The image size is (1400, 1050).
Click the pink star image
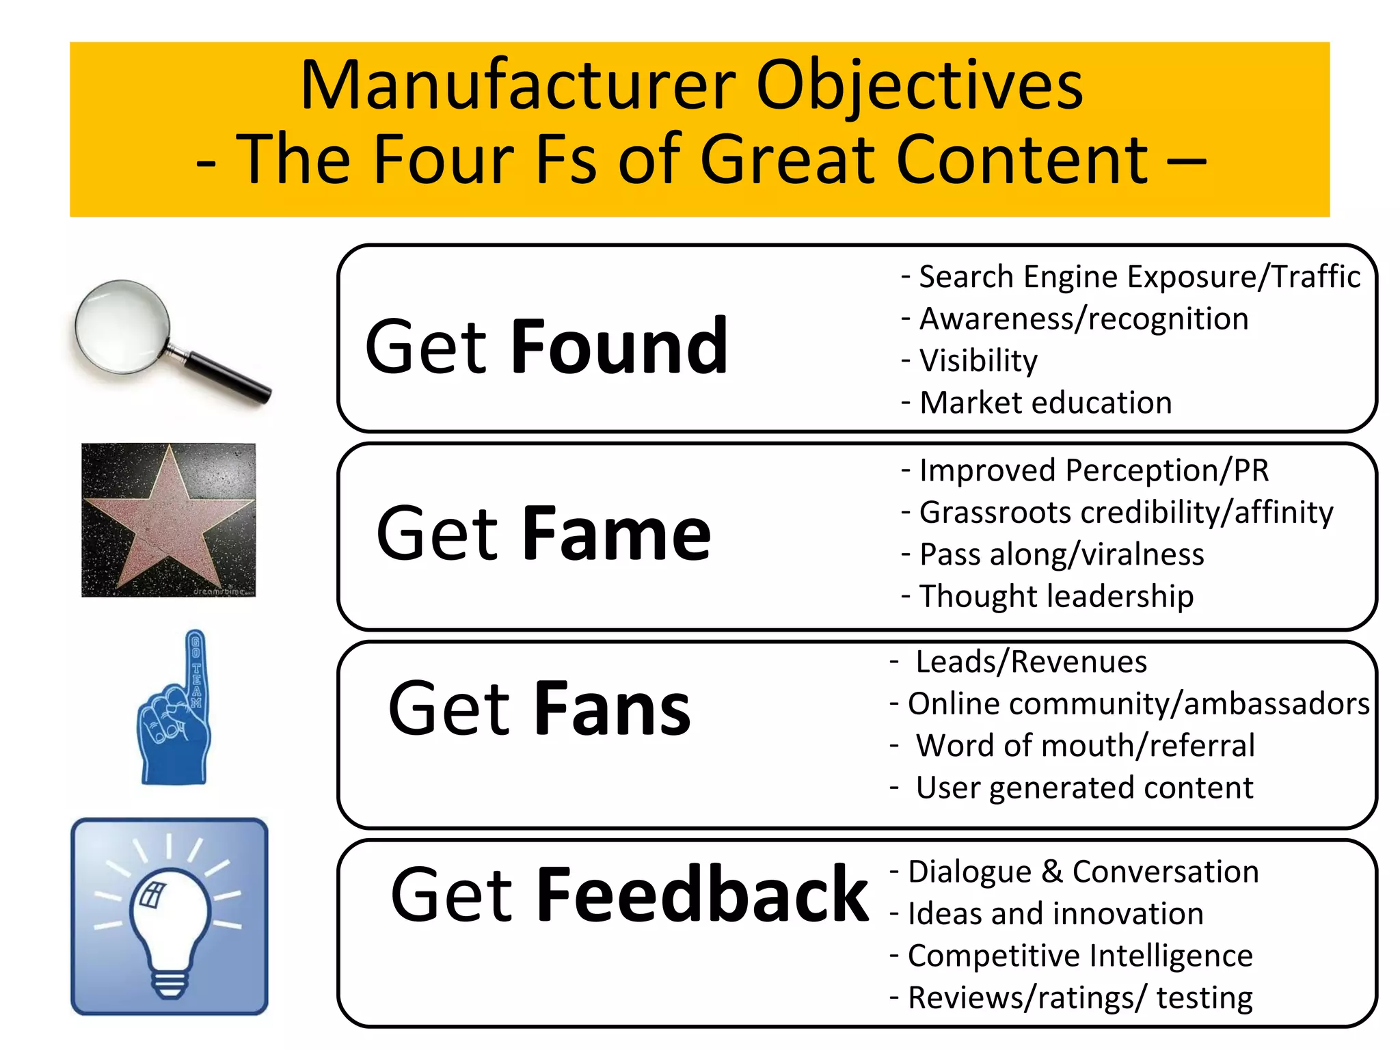[167, 520]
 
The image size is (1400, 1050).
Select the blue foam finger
[174, 711]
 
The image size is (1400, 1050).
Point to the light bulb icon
[169, 916]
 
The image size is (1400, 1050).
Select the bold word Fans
[612, 709]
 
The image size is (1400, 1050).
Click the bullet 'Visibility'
[978, 360]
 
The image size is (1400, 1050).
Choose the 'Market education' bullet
[1045, 403]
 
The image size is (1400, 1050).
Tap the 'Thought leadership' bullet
[1056, 596]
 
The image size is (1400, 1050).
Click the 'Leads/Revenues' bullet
[1031, 662]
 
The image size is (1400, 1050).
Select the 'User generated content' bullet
[1084, 787]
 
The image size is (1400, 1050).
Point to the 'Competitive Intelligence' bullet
[1079, 956]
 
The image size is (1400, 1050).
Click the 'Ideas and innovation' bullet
[1055, 914]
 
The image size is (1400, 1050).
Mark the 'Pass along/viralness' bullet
[1061, 554]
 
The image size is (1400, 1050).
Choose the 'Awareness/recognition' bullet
[1083, 319]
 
